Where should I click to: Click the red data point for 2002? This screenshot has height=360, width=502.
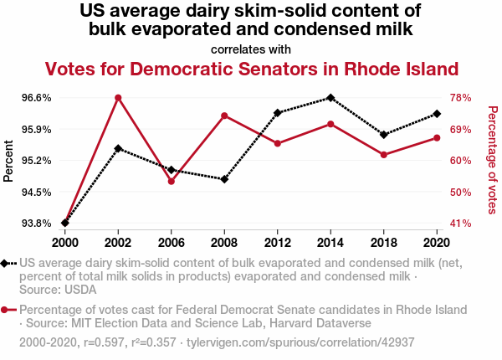118,98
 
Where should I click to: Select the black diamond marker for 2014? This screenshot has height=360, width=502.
330,98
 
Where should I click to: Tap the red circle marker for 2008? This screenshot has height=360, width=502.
224,116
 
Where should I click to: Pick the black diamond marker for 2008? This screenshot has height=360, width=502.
224,179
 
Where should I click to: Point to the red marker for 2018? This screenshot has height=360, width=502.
384,155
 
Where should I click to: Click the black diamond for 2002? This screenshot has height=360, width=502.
118,149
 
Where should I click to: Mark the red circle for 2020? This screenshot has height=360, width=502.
437,137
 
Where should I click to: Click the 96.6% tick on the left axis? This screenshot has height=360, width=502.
37,98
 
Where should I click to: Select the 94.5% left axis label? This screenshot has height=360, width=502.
37,192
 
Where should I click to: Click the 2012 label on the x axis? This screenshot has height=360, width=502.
278,242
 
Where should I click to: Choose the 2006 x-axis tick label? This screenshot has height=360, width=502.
172,242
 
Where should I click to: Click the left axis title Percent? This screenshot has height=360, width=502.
9,161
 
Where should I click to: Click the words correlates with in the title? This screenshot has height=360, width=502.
251,49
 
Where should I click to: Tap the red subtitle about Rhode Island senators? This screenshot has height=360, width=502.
252,69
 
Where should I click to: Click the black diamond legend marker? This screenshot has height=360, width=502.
7,264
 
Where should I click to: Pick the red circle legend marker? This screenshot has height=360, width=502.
7,310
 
